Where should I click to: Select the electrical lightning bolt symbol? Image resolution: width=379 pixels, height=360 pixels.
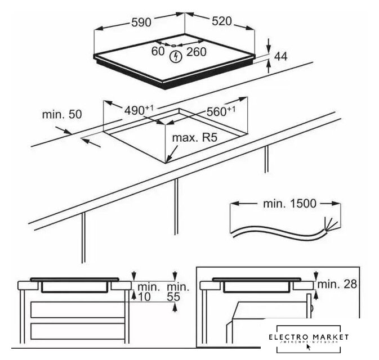pyautogui.click(x=177, y=55)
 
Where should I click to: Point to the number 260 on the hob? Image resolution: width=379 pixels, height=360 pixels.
pyautogui.click(x=197, y=52)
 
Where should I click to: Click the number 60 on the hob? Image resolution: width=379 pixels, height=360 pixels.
pyautogui.click(x=158, y=52)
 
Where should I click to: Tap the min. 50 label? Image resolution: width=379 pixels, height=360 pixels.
pyautogui.click(x=62, y=114)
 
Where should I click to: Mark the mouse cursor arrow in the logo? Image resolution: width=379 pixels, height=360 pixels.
pyautogui.click(x=293, y=345)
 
